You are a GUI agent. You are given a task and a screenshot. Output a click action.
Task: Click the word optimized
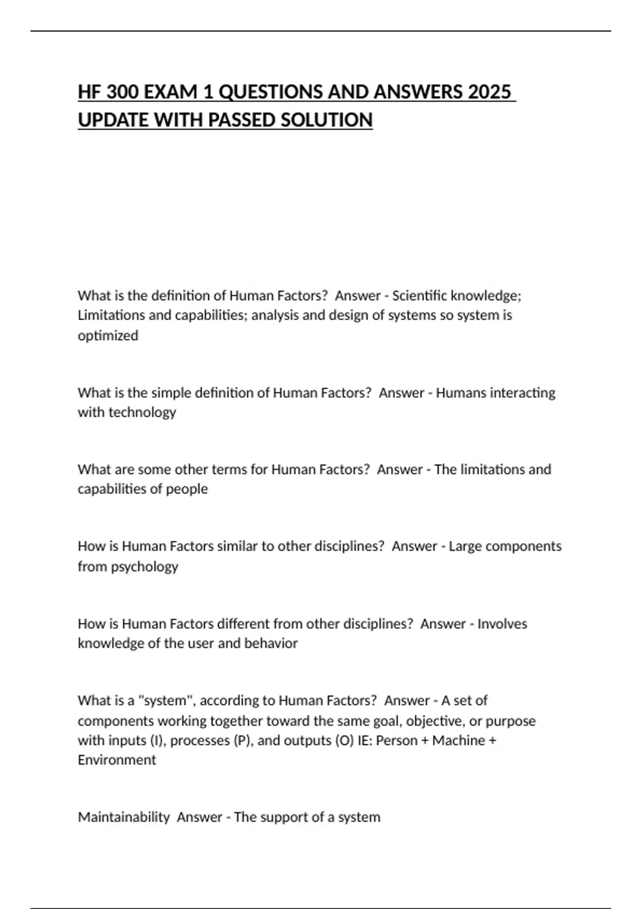(x=108, y=336)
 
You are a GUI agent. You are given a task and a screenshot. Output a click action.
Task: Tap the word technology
(x=142, y=412)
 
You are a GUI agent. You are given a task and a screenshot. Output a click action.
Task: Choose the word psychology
(x=144, y=567)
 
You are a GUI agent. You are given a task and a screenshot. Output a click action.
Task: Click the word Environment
(x=117, y=760)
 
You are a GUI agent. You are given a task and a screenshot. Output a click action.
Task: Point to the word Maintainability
(x=124, y=817)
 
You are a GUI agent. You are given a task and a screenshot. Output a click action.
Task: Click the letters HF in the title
(x=89, y=93)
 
